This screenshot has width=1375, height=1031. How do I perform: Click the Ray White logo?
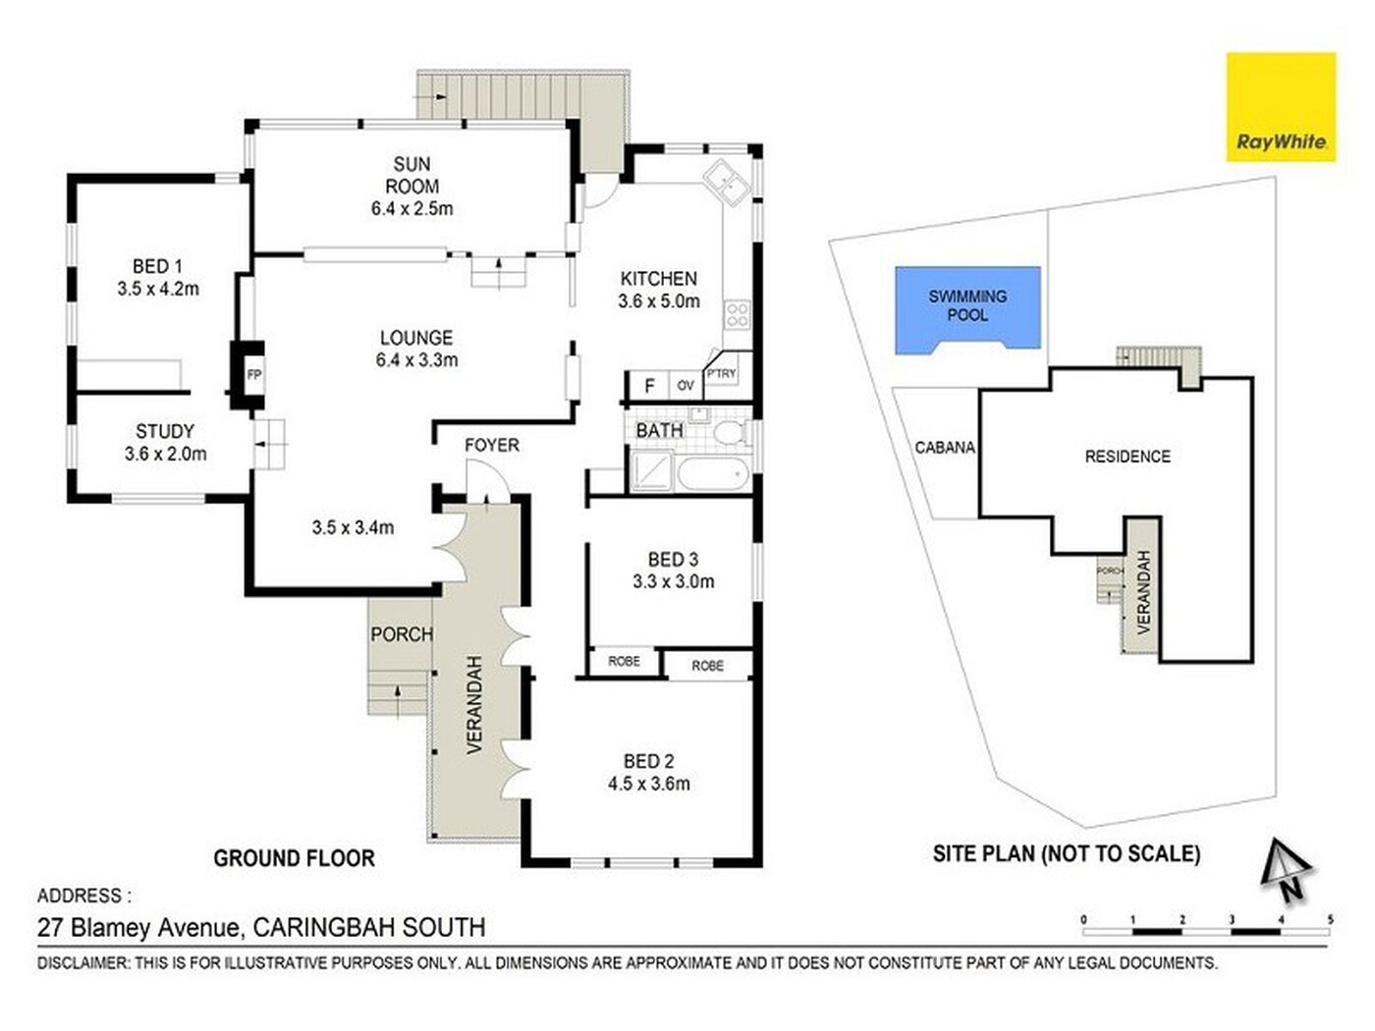point(1281,107)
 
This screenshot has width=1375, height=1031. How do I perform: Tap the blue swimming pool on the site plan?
point(967,310)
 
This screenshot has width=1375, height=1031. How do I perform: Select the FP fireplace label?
point(254,375)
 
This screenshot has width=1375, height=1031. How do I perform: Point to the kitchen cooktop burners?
point(738,315)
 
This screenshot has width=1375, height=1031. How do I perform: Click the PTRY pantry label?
point(721,374)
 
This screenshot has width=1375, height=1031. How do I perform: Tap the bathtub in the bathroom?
point(713,474)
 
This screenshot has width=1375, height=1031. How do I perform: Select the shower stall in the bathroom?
point(651,470)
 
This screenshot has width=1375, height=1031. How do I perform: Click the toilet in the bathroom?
point(730,432)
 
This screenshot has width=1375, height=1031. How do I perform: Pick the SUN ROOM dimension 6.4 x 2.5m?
point(412,208)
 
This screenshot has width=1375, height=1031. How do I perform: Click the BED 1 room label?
point(157,267)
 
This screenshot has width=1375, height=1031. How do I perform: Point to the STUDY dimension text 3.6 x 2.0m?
point(165,454)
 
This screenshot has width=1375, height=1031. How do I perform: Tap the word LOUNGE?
point(416,338)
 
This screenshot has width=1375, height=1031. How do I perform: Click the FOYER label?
point(492,445)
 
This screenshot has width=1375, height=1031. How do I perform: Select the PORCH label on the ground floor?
point(402,634)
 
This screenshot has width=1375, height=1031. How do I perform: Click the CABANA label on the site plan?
point(945,448)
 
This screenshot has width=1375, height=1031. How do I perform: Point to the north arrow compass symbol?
point(1286,870)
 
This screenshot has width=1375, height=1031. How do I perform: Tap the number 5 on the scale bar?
point(1331,920)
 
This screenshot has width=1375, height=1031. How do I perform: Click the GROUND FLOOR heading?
point(294,858)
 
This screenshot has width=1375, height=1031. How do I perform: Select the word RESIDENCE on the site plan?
point(1127,457)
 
